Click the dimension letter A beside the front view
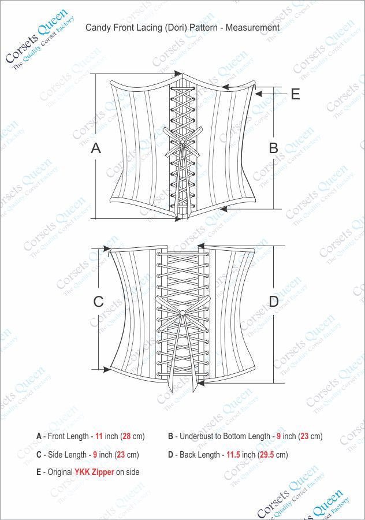[x=96, y=148]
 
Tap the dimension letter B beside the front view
[x=274, y=148]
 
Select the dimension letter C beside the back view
[x=98, y=302]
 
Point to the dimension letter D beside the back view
[x=274, y=302]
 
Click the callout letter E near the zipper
[x=295, y=94]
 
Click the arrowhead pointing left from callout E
[x=259, y=94]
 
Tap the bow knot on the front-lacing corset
[x=182, y=142]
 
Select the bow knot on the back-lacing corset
[x=182, y=312]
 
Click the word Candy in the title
[x=98, y=28]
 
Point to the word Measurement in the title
[x=252, y=27]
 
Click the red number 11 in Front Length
[x=99, y=436]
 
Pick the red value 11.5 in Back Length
[x=233, y=454]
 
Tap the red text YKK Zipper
[x=94, y=472]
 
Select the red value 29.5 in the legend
[x=267, y=454]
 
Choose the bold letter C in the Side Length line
[x=39, y=454]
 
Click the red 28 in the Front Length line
[x=126, y=436]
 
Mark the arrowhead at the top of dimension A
[x=178, y=73]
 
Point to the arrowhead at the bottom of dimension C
[x=107, y=369]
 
